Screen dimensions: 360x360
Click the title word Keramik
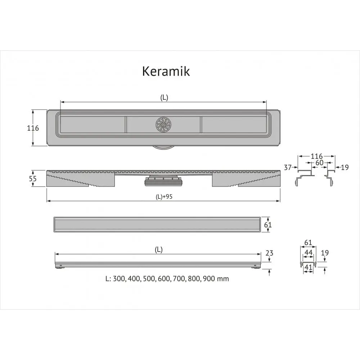click(x=166, y=71)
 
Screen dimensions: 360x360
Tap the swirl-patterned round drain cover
click(x=163, y=125)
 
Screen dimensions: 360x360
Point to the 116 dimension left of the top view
click(x=33, y=128)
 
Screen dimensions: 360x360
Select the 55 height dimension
click(x=33, y=179)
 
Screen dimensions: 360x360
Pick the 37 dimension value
click(x=287, y=167)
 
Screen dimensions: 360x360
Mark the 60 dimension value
click(x=319, y=163)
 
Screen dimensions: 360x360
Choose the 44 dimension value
click(x=308, y=253)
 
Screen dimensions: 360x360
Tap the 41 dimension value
click(x=308, y=267)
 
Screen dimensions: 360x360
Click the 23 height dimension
click(x=269, y=253)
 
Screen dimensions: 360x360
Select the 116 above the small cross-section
click(x=316, y=156)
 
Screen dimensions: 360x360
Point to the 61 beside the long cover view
click(x=268, y=225)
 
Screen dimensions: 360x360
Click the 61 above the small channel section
click(x=308, y=243)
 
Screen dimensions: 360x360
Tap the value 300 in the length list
click(x=119, y=279)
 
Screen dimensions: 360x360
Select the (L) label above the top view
click(x=164, y=98)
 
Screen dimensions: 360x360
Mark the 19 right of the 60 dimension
click(x=345, y=167)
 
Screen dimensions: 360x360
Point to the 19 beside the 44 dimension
click(x=325, y=253)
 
